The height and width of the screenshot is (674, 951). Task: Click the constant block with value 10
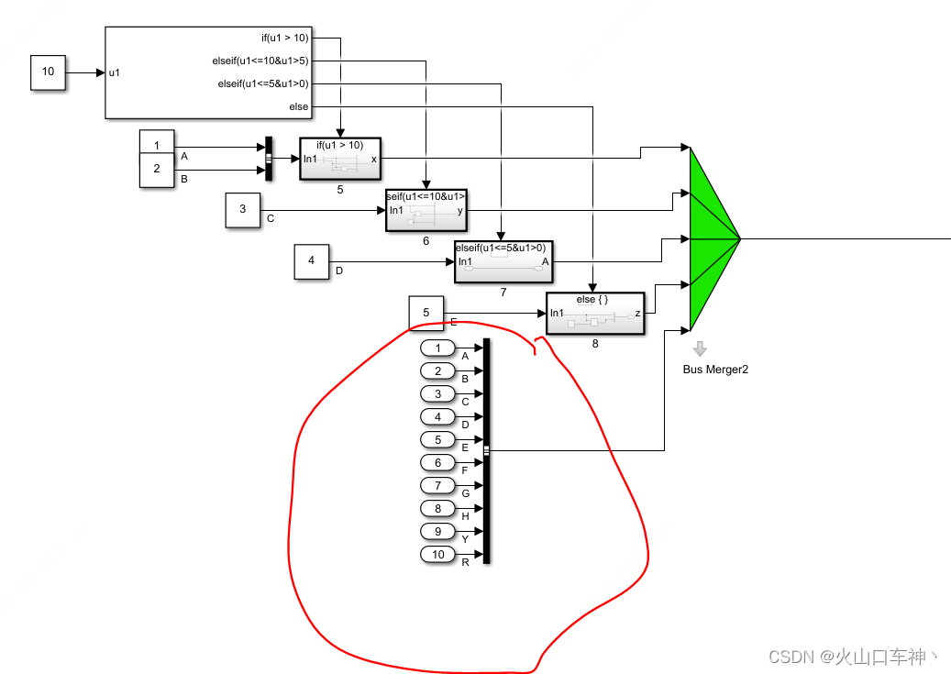(x=49, y=72)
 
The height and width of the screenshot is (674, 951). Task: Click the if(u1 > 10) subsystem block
(x=339, y=159)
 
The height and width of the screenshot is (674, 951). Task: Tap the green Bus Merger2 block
(x=711, y=238)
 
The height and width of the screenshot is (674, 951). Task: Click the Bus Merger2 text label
(x=715, y=370)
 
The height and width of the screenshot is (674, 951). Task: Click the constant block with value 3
(x=243, y=209)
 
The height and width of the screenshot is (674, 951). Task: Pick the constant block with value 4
(x=311, y=260)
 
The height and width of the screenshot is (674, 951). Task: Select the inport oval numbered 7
(x=438, y=485)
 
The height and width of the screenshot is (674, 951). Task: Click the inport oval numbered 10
(x=438, y=554)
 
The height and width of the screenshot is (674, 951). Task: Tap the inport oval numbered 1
(x=438, y=348)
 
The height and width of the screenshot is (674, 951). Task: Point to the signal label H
(x=465, y=516)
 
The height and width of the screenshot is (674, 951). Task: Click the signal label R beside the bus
(x=465, y=562)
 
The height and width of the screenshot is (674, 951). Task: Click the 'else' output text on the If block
(x=299, y=107)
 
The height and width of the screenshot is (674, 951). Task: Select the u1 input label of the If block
(x=115, y=72)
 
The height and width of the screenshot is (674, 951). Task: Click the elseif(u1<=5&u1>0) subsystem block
(x=503, y=262)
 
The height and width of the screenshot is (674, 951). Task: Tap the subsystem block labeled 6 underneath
(x=426, y=210)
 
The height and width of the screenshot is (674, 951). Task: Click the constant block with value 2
(x=157, y=170)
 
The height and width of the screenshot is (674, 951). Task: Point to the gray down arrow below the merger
(x=701, y=348)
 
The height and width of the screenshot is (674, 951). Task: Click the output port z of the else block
(x=636, y=314)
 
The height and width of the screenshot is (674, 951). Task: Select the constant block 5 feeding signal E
(x=426, y=313)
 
